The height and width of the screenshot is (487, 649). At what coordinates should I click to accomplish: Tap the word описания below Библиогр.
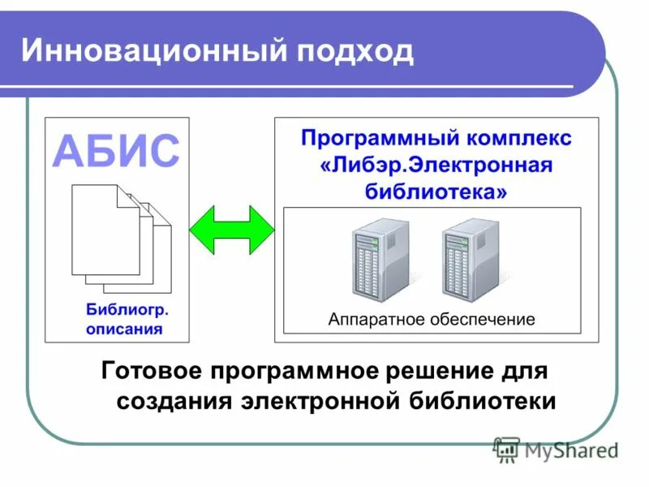124,329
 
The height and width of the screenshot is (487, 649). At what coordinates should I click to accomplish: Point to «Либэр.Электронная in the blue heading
436,165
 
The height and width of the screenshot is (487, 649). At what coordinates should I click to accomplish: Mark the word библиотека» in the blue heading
436,192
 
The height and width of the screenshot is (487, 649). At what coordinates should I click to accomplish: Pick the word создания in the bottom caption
174,401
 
